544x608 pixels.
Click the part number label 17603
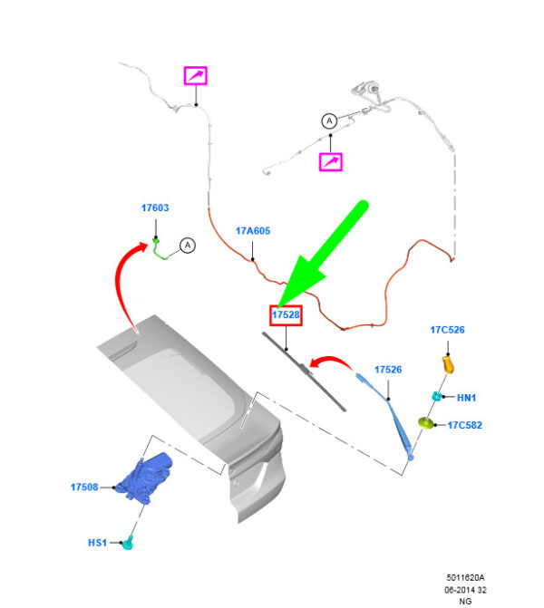155,208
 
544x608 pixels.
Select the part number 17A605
253,231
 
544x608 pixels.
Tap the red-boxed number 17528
286,314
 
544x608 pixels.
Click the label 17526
388,369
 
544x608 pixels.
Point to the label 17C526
447,330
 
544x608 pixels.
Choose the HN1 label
466,398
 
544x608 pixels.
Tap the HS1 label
97,543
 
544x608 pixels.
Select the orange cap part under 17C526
447,364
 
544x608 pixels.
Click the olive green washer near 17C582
424,422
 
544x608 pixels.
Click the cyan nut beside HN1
436,396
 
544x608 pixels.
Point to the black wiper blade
305,372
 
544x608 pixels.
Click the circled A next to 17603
187,245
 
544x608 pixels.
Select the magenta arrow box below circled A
331,161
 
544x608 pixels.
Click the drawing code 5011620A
466,576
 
